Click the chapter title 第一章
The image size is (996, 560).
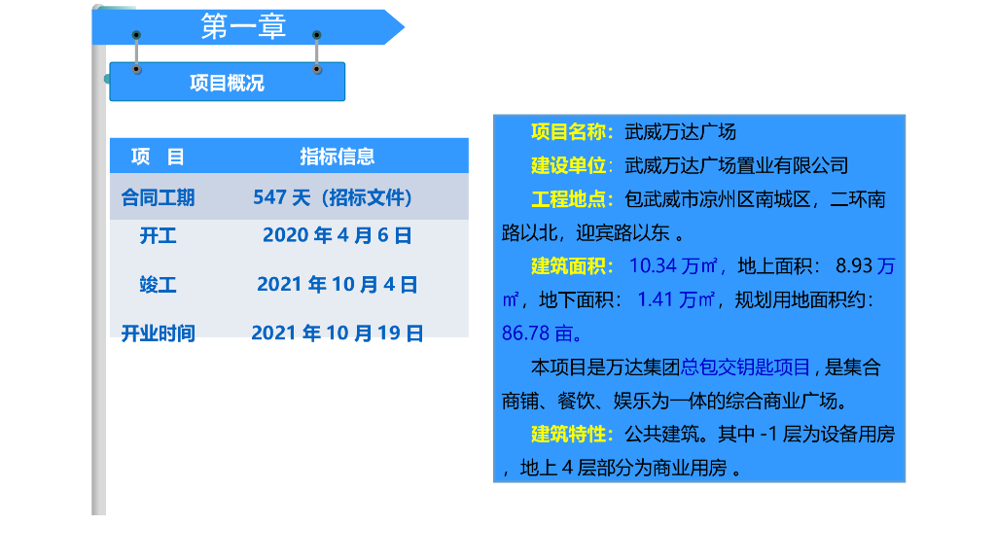pos(243,27)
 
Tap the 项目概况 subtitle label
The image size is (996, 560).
pos(227,83)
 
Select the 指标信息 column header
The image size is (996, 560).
pos(337,157)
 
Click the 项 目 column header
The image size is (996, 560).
pos(158,157)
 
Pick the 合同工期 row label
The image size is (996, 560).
pos(158,197)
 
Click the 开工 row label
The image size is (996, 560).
pos(158,235)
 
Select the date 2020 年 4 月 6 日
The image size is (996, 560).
pos(337,235)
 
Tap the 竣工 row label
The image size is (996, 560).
pos(158,285)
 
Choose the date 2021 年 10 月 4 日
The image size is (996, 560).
pos(337,285)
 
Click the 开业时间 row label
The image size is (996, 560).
pos(158,333)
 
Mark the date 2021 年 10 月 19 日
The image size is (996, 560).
pos(337,333)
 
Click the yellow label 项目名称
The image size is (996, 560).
pos(571,132)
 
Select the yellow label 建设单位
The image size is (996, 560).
pos(568,165)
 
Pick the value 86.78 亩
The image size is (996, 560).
pos(541,333)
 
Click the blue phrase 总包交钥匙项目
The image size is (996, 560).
pos(745,367)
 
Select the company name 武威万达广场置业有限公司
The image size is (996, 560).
pos(736,165)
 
